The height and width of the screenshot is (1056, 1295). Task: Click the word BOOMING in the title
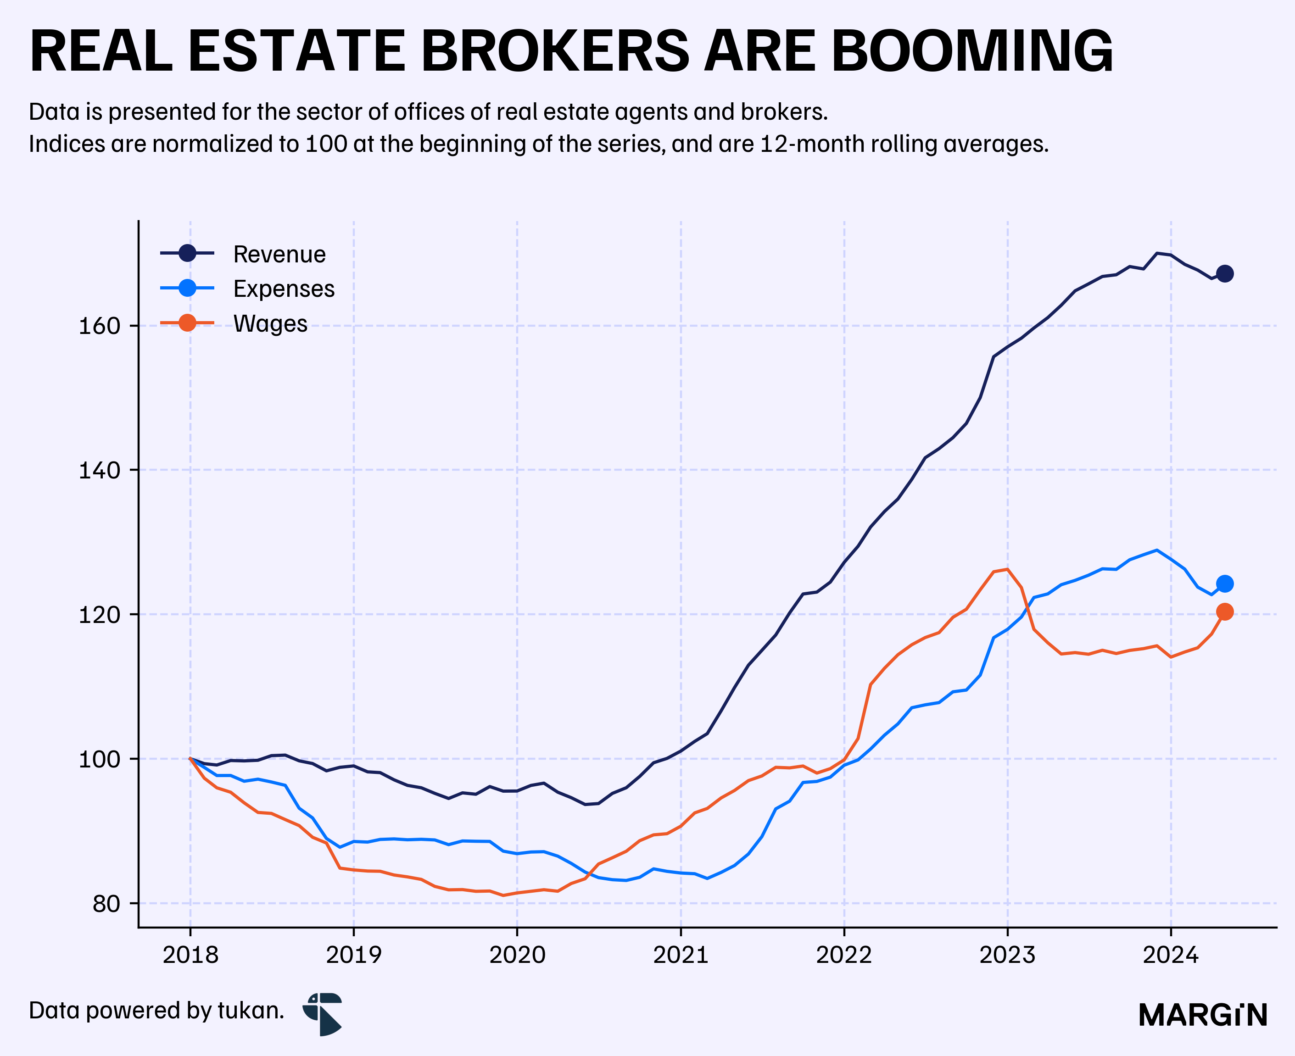tap(972, 52)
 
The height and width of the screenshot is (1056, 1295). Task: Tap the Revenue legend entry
tap(243, 254)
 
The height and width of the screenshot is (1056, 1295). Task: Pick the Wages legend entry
tap(234, 323)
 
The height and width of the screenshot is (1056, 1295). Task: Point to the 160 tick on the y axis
tap(100, 326)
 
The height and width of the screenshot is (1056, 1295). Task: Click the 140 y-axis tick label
tap(100, 470)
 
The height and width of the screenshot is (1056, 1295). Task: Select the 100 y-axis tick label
tap(100, 760)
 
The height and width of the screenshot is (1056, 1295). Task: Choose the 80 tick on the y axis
tap(107, 904)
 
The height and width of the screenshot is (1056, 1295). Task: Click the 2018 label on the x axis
tap(190, 955)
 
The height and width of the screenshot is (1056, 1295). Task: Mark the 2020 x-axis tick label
tap(517, 955)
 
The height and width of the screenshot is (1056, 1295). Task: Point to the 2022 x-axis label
tap(844, 955)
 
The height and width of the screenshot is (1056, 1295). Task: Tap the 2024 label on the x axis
tap(1171, 955)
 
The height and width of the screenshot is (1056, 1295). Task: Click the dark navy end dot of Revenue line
tap(1225, 274)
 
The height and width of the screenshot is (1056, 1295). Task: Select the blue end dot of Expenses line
tap(1225, 584)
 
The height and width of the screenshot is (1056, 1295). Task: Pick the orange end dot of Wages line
tap(1225, 612)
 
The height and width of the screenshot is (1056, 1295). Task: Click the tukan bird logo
tap(323, 1014)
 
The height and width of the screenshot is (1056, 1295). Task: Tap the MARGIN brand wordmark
tap(1203, 1015)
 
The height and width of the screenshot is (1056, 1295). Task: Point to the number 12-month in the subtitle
tap(812, 144)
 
